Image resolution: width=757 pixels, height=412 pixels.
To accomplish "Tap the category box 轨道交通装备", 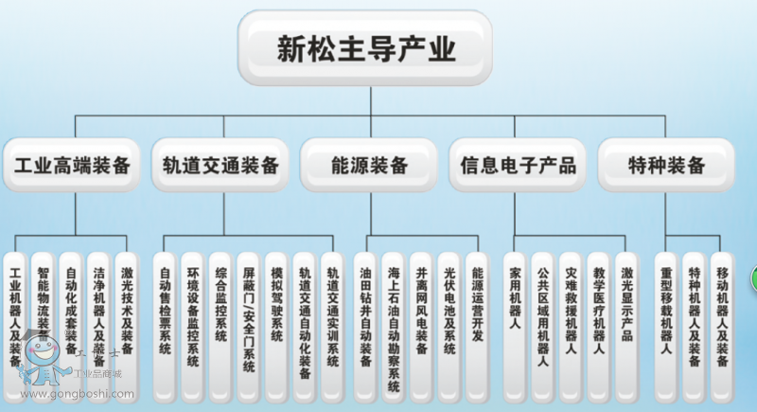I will tap(220, 166).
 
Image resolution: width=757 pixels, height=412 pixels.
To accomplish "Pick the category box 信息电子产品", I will tap(518, 166).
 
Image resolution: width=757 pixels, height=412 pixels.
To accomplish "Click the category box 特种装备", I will tap(667, 166).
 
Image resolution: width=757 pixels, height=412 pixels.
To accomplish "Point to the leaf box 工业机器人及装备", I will tap(16, 317).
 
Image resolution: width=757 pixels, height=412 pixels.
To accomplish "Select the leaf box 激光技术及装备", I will tap(127, 317).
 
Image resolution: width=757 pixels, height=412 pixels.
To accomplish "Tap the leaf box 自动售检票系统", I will tap(165, 317).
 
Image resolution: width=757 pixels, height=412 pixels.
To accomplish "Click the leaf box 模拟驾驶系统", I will tap(275, 317).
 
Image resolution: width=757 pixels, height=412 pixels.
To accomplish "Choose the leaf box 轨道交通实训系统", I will tap(331, 317).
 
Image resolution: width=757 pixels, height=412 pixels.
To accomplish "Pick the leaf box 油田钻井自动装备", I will tap(366, 317).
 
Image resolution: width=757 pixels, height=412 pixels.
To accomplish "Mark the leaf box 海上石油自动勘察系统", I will tap(394, 322).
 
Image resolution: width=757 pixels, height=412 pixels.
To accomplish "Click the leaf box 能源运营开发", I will tap(477, 317).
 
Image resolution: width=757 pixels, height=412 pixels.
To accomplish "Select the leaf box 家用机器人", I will tap(515, 317).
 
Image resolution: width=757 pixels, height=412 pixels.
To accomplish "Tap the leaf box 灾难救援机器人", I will tap(571, 317).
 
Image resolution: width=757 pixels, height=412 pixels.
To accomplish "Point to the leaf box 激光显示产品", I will tap(626, 317).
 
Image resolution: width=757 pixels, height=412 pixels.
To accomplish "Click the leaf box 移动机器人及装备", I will tap(722, 317).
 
